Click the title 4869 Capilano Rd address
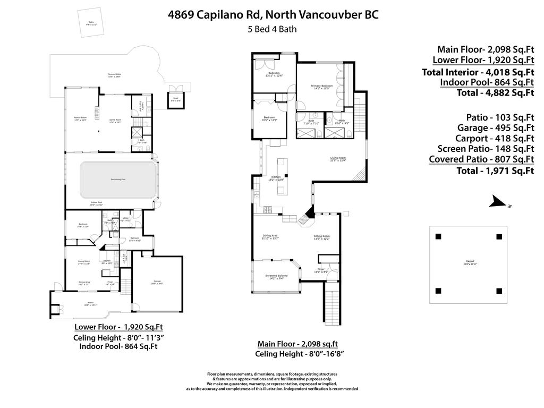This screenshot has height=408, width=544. pos(273,14)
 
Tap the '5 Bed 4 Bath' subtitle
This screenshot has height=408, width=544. pos(272,29)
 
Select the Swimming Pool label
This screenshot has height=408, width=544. pos(118,180)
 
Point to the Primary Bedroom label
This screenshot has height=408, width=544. pos(321,87)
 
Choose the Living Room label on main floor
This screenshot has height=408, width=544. pos(338,158)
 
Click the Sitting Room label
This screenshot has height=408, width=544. pos(322,237)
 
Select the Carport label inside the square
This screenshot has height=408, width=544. pos(470,262)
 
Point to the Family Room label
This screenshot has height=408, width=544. pos(80,120)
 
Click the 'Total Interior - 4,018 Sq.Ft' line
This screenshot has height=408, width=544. pos(478,72)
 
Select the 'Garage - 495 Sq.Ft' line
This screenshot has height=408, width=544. pos(495,127)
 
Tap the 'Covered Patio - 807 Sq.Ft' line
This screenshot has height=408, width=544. pos(481,159)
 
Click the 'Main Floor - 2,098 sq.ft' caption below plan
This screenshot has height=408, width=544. pos(297,344)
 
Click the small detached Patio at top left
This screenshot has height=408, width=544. pos(90,23)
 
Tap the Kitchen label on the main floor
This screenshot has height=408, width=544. pos(276,178)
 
